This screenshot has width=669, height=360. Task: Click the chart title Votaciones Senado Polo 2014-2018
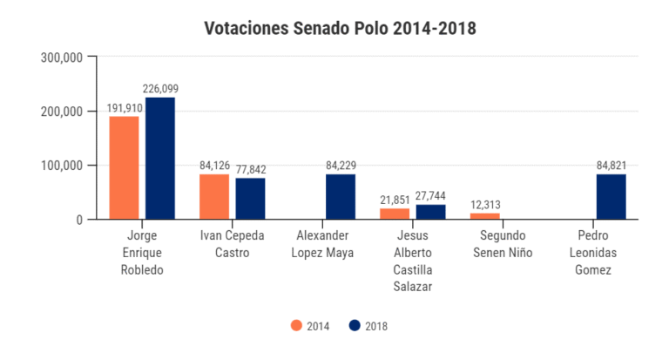click(340, 29)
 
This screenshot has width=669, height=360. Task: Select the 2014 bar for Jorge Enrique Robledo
click(124, 167)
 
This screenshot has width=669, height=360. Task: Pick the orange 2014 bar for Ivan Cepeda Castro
click(214, 197)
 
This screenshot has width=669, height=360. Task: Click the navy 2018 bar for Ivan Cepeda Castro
click(250, 199)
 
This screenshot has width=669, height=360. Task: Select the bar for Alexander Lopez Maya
click(341, 197)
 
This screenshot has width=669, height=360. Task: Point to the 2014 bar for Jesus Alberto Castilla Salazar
click(395, 214)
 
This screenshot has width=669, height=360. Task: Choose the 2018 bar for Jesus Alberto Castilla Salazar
click(430, 212)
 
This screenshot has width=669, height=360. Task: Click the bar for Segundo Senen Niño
click(485, 216)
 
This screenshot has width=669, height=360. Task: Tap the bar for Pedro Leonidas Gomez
click(612, 197)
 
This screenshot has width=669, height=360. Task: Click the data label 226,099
click(160, 89)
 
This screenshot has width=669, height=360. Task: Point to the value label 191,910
click(125, 108)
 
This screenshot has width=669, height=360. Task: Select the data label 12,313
click(485, 205)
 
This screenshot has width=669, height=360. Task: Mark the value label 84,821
click(612, 166)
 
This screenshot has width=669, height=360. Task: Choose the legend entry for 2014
click(309, 326)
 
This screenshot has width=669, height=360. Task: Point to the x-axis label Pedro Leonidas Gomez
click(593, 253)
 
